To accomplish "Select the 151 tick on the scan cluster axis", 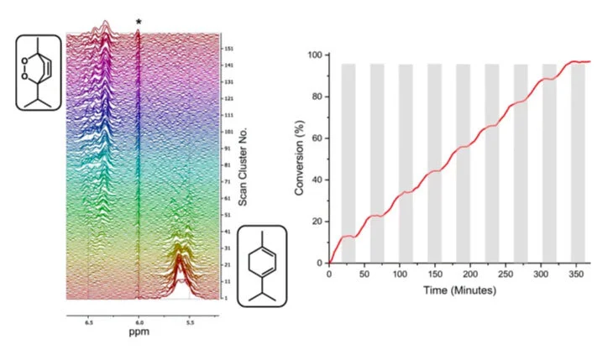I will click(228, 49).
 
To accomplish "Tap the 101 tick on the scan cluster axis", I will click(228, 132).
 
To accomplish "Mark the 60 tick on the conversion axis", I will click(317, 138).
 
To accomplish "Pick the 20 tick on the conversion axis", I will click(317, 222).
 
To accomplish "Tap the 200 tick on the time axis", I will click(470, 274).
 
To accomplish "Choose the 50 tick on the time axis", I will click(364, 274).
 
